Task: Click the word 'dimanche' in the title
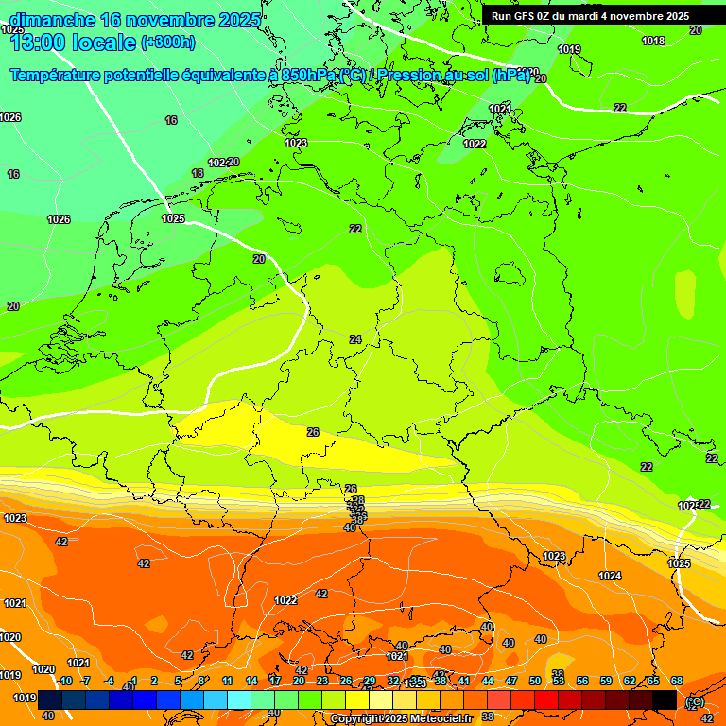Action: point(51,20)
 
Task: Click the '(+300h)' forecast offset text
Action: point(168,42)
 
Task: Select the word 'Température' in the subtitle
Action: point(58,76)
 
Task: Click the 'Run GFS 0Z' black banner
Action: point(590,16)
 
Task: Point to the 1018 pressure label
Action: point(652,41)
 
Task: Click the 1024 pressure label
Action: point(610,576)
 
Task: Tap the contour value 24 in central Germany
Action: point(355,339)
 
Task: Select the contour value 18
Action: point(198,173)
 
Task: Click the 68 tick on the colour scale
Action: point(677,681)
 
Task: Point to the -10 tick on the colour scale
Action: point(64,681)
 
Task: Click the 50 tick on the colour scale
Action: point(535,681)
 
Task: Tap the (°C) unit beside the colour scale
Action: point(695,701)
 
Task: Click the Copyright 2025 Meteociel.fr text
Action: point(401,718)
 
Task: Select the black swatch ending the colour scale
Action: point(665,700)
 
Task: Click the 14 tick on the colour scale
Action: point(251,681)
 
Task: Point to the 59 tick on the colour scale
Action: point(606,681)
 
